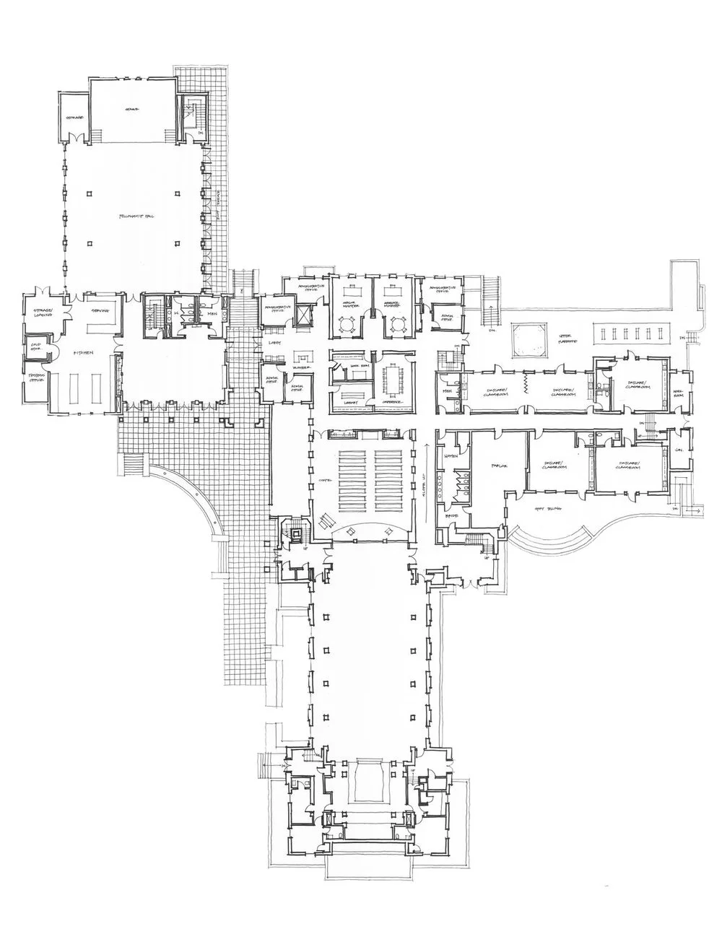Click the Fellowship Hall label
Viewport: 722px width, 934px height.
point(133,216)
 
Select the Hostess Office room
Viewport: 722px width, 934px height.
point(35,380)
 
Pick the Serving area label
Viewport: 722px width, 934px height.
point(99,310)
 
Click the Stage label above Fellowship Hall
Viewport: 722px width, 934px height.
point(131,109)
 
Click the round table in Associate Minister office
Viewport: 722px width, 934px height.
point(395,325)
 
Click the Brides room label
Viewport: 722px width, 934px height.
point(453,517)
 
